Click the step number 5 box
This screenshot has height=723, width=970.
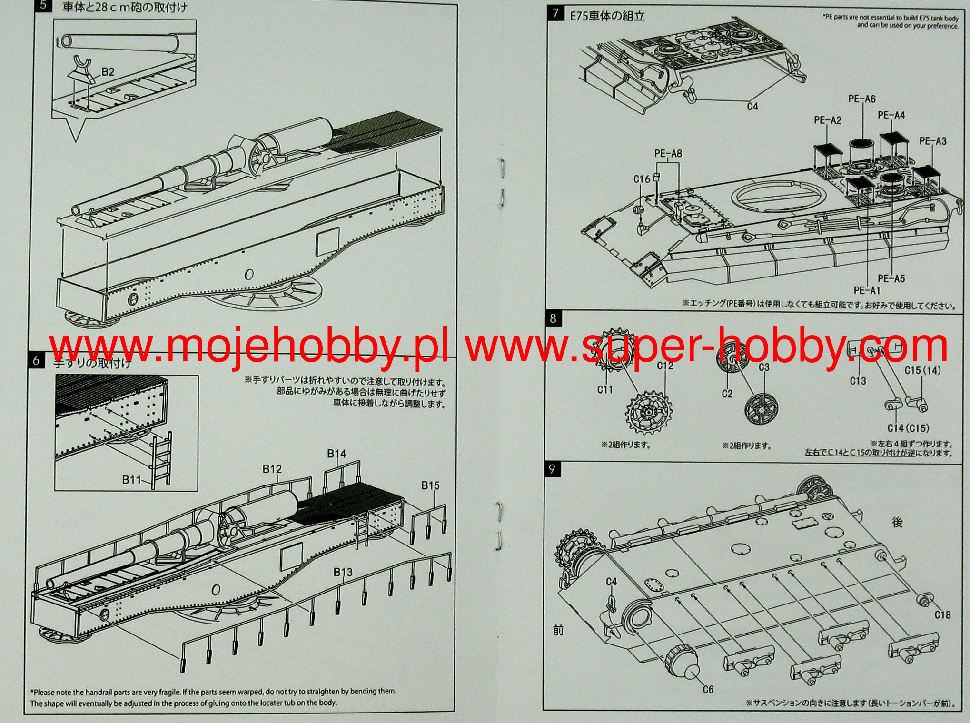coord(44,6)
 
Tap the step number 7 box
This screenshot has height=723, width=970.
coord(555,14)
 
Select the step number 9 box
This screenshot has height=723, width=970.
coord(552,469)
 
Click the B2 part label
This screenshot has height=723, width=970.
coord(108,72)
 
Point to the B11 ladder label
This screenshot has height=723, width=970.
coord(131,480)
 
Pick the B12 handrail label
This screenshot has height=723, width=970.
coord(272,469)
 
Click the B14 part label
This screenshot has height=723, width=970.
coord(337,454)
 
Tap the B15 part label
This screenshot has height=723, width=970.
coord(430,485)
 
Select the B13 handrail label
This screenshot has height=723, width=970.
coord(343,572)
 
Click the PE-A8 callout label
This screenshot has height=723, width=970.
coord(668,153)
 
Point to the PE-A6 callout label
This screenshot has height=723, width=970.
coord(861,99)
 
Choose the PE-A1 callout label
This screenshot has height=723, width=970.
coord(867,290)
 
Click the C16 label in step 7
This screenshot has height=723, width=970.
coord(642,179)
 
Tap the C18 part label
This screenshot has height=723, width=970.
coord(942,615)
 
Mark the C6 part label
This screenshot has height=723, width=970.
coord(708,689)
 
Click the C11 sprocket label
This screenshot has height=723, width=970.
coord(605,390)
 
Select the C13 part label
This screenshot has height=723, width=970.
coord(858,381)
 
